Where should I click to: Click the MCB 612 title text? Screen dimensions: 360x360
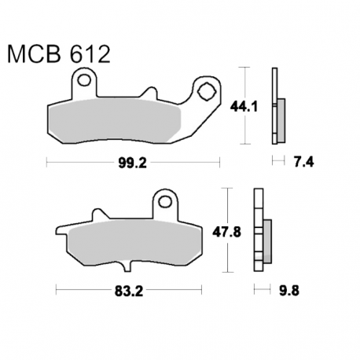pyautogui.click(x=59, y=54)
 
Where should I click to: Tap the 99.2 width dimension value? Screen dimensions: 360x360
pyautogui.click(x=132, y=163)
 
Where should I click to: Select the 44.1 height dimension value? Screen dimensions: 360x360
pyautogui.click(x=244, y=107)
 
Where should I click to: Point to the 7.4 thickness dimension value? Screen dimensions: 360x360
pyautogui.click(x=304, y=163)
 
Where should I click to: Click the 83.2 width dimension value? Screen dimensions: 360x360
pyautogui.click(x=129, y=291)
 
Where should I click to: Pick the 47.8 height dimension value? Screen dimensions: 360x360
pyautogui.click(x=226, y=232)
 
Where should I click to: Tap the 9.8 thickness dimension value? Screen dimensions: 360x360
pyautogui.click(x=289, y=291)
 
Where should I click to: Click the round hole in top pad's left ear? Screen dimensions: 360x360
pyautogui.click(x=84, y=80)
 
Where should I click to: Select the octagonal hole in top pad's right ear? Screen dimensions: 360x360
pyautogui.click(x=207, y=91)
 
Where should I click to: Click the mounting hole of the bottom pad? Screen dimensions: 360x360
pyautogui.click(x=165, y=202)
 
